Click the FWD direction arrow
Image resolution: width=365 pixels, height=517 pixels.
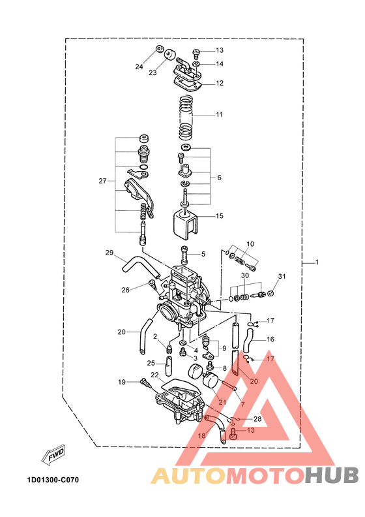point(53,456)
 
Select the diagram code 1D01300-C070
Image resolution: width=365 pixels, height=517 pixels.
point(53,480)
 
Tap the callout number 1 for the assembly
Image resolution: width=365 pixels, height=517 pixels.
point(317,262)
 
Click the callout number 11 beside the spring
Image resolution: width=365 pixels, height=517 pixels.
point(219,114)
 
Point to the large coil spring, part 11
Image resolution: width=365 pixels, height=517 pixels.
point(186,117)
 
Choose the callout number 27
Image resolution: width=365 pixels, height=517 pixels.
point(103,181)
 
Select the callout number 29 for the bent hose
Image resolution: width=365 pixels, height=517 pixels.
point(109,253)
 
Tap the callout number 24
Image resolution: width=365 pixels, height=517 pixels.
point(139,67)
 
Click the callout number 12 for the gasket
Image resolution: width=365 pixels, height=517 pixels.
point(220,83)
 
